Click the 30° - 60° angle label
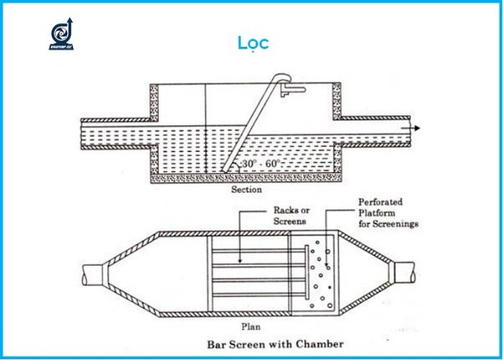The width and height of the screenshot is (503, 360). click(260, 165)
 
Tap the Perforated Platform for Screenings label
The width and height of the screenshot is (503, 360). click(388, 213)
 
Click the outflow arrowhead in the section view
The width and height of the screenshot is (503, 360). click(416, 128)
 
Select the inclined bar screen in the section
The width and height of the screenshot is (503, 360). click(252, 126)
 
